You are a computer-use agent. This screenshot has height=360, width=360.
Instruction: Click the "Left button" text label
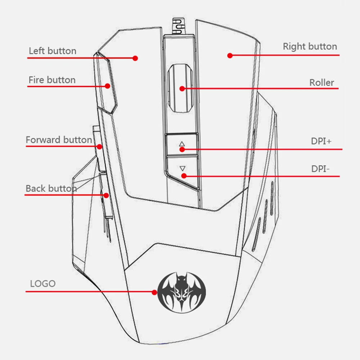point(53,51)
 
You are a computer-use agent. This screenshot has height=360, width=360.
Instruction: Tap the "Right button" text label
point(310,46)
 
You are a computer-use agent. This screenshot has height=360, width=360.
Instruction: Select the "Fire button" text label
point(52,80)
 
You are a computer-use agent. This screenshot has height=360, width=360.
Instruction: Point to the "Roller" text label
point(321,82)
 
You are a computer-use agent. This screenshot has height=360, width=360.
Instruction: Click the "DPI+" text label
point(321,141)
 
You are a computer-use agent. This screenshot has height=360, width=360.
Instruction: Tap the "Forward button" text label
point(59,140)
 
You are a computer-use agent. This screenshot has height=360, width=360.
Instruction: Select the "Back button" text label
point(51,188)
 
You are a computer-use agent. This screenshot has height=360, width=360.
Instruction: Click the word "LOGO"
point(43,283)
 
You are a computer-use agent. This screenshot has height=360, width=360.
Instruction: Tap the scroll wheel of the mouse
point(181,89)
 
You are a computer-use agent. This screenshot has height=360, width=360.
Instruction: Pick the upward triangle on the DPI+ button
point(182,144)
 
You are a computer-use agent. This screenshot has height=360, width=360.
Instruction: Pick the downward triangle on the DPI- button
point(182,168)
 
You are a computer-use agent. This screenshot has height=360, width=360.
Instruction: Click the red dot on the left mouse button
point(135,58)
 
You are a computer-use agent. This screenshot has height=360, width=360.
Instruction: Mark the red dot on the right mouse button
point(229,55)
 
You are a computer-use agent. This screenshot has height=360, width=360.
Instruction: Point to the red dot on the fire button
point(107,86)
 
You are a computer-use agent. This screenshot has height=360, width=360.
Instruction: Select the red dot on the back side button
point(106,195)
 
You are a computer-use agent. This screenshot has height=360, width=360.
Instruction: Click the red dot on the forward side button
point(99,147)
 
